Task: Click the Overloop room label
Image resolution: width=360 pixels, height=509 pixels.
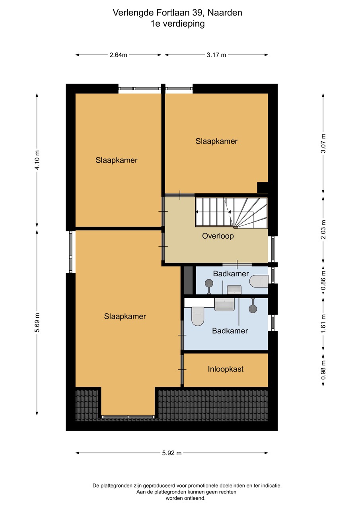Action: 218,236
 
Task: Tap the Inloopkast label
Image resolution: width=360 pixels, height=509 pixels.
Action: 226,369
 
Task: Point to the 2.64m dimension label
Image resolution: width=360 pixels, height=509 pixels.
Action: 118,55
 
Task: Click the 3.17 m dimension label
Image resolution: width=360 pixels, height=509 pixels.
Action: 216,55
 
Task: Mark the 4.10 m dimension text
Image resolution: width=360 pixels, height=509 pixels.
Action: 37,160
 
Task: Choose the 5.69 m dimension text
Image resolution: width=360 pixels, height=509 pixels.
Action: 37,322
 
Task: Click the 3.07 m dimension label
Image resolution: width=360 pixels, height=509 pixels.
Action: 323,144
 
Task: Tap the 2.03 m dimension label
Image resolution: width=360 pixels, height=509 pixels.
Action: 323,230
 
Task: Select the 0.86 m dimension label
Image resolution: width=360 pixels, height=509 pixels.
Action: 323,280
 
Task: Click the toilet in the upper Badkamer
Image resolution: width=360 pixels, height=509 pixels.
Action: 259,281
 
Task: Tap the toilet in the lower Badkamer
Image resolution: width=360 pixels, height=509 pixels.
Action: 198,316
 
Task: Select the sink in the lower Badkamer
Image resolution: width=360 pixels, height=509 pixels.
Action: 224,305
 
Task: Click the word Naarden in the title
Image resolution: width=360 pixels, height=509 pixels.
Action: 225,13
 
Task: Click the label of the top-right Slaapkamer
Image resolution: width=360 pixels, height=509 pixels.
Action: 216,141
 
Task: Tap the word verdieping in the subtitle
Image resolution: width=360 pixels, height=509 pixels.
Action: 183,24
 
